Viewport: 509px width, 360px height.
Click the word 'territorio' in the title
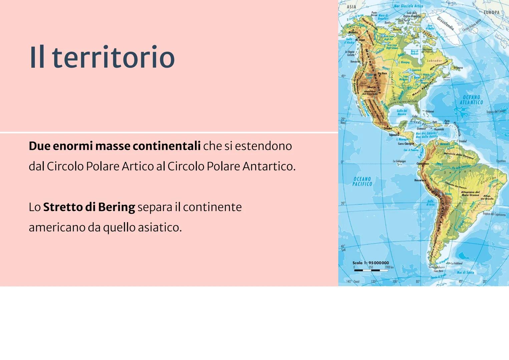(113, 57)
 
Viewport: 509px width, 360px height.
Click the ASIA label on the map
(351, 7)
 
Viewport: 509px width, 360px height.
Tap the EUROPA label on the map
(492, 12)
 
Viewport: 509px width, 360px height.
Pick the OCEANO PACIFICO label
(362, 181)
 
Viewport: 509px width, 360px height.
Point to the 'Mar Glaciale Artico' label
(408, 6)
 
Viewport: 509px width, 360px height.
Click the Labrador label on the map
(434, 61)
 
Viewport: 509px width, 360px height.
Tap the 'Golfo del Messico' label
(402, 112)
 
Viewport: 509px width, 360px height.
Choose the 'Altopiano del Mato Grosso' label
(470, 193)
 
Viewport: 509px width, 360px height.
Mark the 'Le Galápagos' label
(399, 161)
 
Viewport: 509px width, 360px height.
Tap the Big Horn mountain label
(382, 73)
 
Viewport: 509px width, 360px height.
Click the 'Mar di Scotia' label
(465, 272)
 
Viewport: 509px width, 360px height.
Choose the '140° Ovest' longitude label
(353, 282)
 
